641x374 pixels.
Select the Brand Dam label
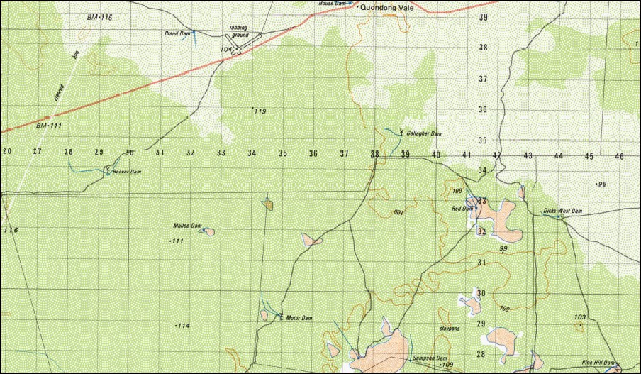pos(177,33)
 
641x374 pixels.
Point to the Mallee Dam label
pos(187,226)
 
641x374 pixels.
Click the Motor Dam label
pos(299,318)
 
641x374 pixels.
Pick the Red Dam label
pos(462,209)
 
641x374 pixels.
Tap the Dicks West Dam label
pos(562,211)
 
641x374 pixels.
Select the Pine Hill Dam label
pos(597,361)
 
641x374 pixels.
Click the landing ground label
pos(240,31)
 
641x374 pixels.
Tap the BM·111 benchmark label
pos(49,126)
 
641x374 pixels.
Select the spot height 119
pos(259,111)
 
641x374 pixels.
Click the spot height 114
pos(183,326)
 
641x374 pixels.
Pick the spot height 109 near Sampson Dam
pos(447,365)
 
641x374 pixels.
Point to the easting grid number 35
pos(282,153)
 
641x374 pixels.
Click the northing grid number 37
pos(483,79)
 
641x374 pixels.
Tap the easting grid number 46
pos(619,155)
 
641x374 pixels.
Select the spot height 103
pos(579,317)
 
